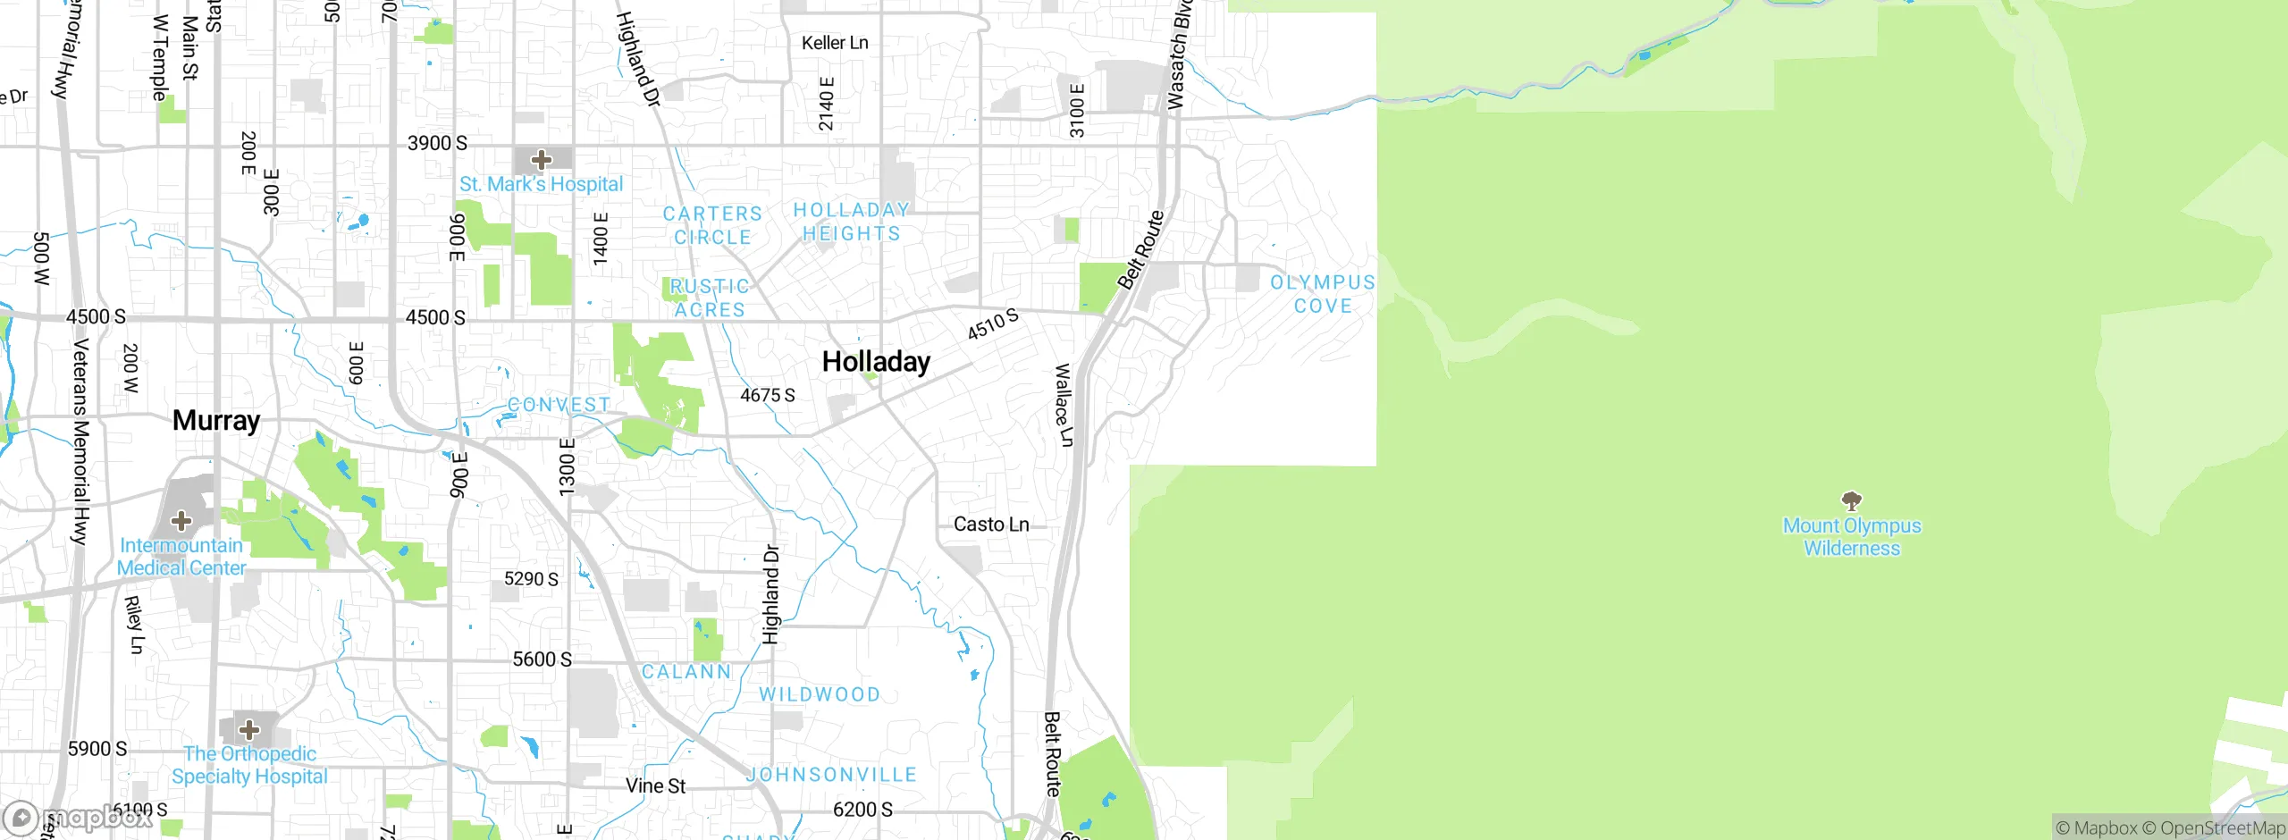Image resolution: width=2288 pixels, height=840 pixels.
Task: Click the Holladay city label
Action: (876, 362)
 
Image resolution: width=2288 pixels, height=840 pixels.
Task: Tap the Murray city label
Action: (216, 420)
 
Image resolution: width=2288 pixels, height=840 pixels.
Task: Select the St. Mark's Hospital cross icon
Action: (541, 161)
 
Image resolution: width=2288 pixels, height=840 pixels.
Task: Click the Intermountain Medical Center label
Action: (181, 557)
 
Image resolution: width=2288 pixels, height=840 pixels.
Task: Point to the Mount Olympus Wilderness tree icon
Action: (1852, 500)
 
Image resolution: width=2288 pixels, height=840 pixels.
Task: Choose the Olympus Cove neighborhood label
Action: (1323, 294)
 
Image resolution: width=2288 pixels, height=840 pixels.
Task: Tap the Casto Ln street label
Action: (991, 525)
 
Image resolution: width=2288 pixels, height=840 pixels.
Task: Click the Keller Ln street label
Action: (835, 43)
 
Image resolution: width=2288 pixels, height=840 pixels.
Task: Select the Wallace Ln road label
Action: (1064, 405)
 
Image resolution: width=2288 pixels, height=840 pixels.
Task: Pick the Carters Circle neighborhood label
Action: (712, 225)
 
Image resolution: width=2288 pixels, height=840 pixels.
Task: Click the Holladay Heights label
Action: (851, 222)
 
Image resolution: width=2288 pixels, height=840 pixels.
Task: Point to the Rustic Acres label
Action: (710, 298)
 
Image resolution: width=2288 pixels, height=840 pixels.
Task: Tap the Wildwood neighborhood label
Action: (820, 694)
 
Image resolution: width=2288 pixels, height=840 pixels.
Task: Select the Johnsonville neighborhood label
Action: (832, 775)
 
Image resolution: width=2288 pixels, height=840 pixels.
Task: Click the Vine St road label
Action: (655, 786)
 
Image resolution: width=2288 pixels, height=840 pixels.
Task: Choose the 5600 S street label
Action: (542, 659)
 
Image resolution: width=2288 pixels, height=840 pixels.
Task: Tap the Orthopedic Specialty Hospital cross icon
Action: (249, 729)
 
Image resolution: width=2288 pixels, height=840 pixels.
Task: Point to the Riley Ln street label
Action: (134, 625)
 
